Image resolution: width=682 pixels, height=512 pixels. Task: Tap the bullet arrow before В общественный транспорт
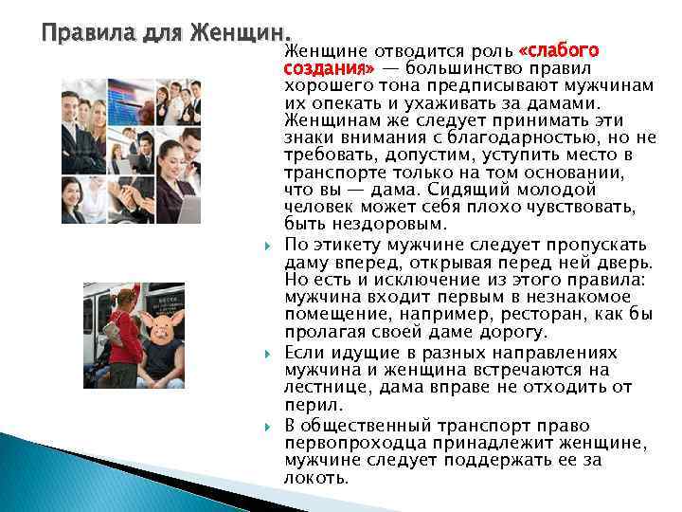269,426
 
